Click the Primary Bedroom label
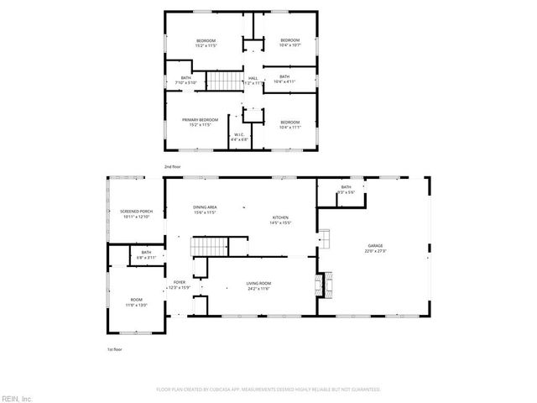tap(200, 123)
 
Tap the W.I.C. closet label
tap(239, 136)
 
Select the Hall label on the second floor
tap(253, 81)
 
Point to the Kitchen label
tap(279, 220)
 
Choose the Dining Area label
tap(206, 210)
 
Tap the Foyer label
tap(180, 285)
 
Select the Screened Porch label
tap(135, 214)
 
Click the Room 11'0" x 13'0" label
tap(136, 302)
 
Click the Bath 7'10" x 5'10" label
tap(185, 81)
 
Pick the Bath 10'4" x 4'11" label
tap(289, 80)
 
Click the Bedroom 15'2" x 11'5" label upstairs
tap(206, 44)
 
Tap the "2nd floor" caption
tap(173, 167)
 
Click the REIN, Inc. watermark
tap(16, 398)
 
